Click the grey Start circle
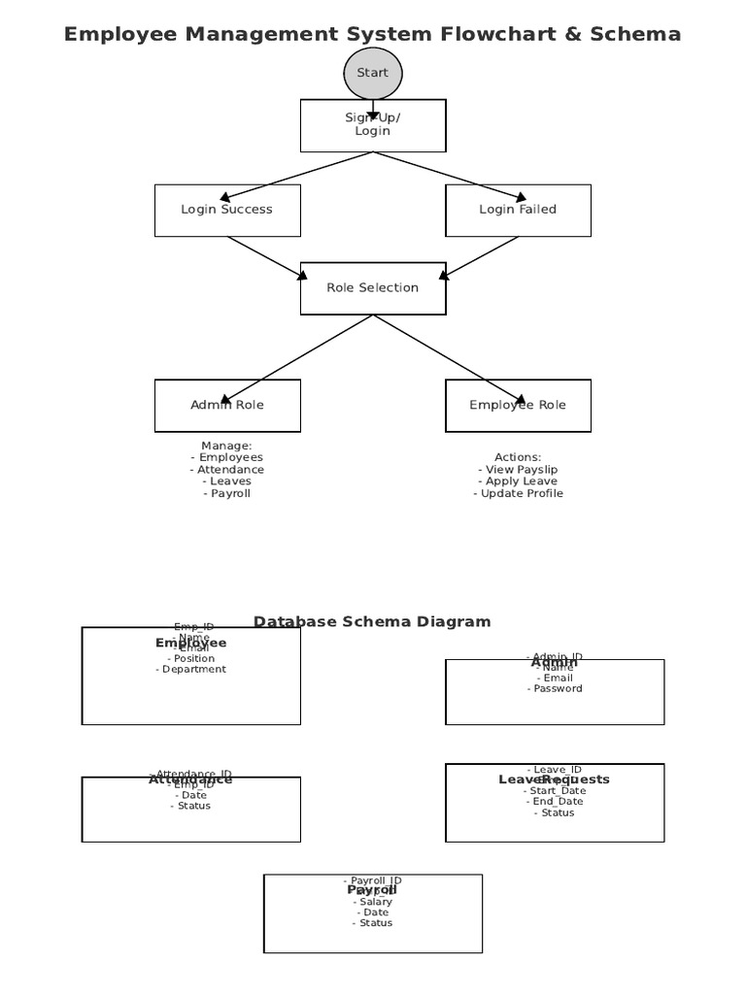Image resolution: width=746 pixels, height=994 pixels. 372,74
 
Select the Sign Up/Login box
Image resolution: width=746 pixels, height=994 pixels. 372,125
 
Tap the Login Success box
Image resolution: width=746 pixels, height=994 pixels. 227,210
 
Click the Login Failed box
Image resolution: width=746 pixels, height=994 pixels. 518,210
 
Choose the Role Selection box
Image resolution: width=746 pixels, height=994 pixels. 372,288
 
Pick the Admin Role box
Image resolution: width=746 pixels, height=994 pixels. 227,406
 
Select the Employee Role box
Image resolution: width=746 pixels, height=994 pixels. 518,406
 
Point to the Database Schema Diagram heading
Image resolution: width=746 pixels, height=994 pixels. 372,622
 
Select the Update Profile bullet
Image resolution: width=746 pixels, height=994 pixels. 519,494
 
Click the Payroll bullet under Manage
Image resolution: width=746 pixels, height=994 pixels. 227,494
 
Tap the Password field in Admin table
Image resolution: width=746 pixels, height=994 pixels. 556,689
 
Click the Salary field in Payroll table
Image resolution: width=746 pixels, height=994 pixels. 373,903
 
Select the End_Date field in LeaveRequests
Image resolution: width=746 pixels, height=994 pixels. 556,802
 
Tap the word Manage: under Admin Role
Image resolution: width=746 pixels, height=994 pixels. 226,447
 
